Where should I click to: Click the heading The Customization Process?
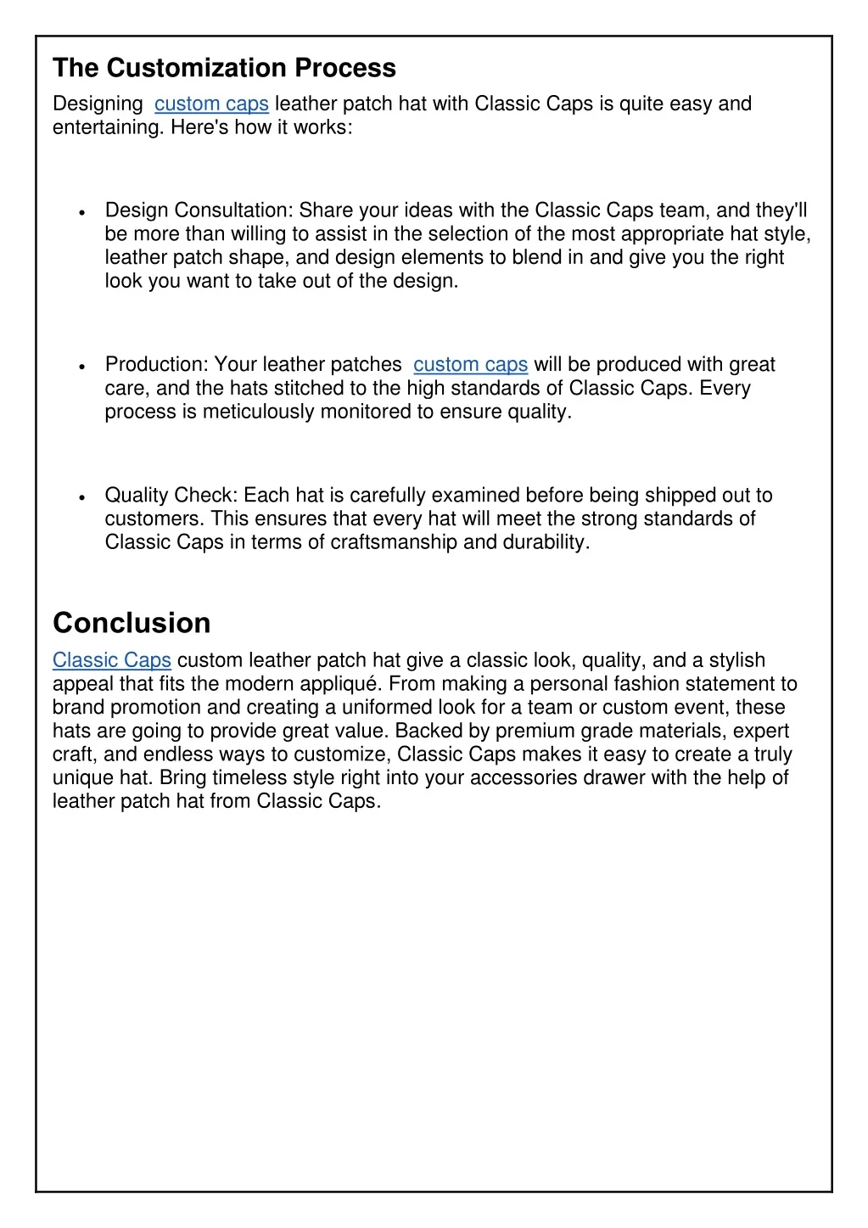point(224,68)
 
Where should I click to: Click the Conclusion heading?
point(132,623)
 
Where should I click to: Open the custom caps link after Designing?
point(211,104)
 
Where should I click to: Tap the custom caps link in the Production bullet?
point(470,364)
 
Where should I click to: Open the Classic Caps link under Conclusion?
point(112,660)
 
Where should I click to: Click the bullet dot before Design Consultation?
point(80,212)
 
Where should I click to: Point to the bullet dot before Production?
point(80,367)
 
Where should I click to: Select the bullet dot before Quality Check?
point(80,497)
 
